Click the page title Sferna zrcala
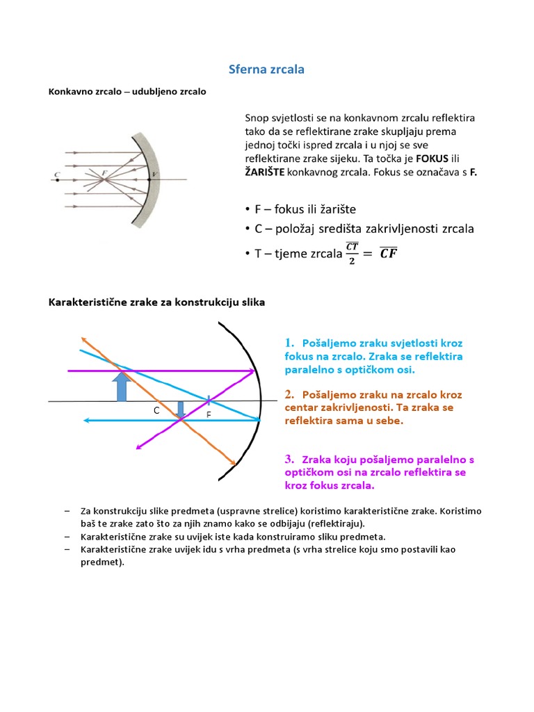[x=267, y=70]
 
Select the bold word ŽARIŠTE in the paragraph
[x=265, y=172]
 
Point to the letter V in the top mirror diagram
[x=155, y=174]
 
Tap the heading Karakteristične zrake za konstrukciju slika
[x=156, y=302]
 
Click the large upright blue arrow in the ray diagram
[x=122, y=386]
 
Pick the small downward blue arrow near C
[x=181, y=410]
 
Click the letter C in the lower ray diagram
[x=156, y=411]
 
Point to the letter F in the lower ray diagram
[x=208, y=415]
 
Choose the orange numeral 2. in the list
[x=290, y=395]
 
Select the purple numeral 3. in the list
[x=290, y=460]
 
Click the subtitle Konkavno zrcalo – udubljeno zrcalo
[x=127, y=91]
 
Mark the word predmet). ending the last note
[x=102, y=563]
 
